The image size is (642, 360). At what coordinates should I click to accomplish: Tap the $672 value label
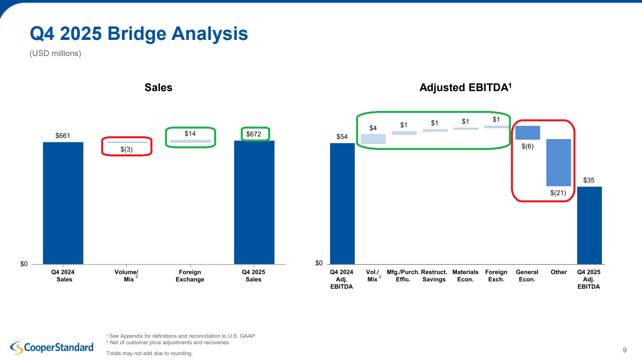click(x=254, y=134)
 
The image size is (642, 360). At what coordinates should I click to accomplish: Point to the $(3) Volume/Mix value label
click(x=126, y=150)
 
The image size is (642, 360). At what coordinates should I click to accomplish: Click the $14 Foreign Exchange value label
click(x=190, y=134)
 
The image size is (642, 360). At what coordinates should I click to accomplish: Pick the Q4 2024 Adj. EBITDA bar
click(x=342, y=204)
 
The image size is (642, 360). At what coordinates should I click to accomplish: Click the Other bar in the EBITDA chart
click(x=559, y=162)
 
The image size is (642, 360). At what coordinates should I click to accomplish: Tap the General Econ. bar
click(x=527, y=133)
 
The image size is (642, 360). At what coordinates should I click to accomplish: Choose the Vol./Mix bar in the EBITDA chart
click(x=373, y=139)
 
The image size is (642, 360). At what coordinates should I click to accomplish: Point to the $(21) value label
click(x=558, y=193)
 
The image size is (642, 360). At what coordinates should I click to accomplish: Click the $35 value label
click(x=589, y=180)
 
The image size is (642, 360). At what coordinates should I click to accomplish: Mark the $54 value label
click(x=342, y=137)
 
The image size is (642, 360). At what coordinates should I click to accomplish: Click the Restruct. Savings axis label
click(x=434, y=276)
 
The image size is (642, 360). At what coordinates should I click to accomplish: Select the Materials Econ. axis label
click(x=465, y=276)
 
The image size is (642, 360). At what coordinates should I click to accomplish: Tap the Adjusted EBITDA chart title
click(x=465, y=87)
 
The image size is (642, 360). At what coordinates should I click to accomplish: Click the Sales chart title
click(x=158, y=87)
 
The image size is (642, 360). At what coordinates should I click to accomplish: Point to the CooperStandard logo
click(x=52, y=347)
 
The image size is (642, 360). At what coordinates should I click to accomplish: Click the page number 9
click(x=625, y=350)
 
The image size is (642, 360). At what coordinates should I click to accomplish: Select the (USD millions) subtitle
click(x=55, y=53)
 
